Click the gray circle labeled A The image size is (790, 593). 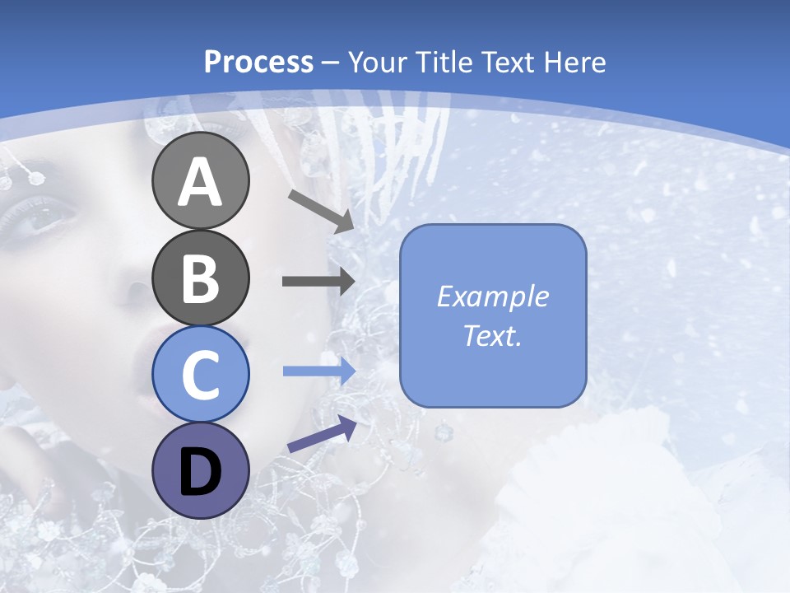coord(200,180)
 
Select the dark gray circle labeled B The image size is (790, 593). coord(200,278)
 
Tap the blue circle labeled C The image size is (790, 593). coord(200,374)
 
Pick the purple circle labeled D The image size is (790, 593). coord(200,470)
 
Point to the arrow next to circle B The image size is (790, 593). coord(318,281)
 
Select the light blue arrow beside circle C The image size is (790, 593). coord(318,371)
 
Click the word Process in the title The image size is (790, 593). coord(258,62)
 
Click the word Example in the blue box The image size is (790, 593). coord(492,296)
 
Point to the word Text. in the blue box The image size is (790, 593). coord(492,335)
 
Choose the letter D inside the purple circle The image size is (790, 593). coord(200,472)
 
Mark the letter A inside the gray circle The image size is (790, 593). coord(200,182)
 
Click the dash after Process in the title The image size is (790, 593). coord(331,63)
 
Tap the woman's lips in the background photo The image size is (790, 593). coord(144,362)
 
